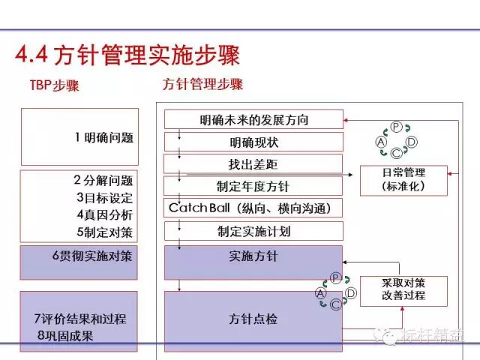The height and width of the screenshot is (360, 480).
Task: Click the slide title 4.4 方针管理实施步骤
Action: [127, 54]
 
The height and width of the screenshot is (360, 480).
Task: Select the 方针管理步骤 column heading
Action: [202, 84]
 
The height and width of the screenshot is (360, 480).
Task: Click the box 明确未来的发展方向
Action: [253, 120]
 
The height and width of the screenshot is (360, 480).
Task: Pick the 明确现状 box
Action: [253, 142]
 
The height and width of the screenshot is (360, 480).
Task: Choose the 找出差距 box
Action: [253, 163]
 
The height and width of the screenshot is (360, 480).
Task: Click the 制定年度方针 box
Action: [253, 186]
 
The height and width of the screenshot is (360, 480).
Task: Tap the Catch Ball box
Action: [253, 208]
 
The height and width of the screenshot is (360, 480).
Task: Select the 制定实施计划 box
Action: [253, 230]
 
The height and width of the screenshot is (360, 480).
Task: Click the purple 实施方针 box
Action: [253, 256]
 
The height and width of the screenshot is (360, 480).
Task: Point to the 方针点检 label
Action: [253, 319]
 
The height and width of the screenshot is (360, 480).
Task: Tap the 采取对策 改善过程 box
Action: [403, 289]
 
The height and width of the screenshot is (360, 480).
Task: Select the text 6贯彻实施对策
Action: [92, 256]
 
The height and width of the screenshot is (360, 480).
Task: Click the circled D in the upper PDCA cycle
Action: [411, 141]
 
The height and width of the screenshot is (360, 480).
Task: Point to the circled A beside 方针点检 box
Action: [321, 293]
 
